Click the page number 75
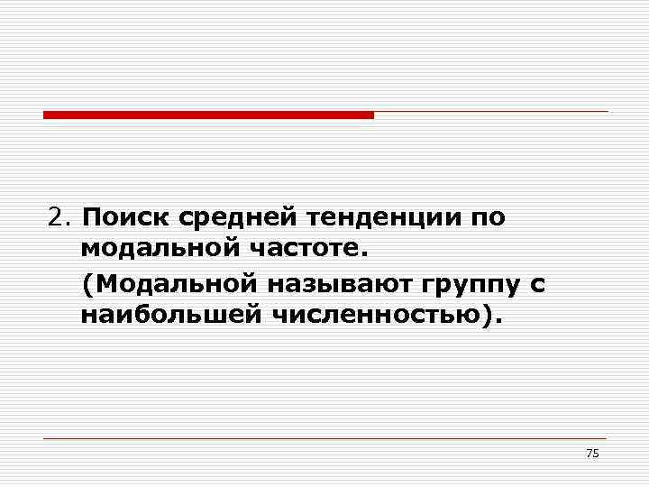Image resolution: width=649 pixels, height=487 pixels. click(592, 453)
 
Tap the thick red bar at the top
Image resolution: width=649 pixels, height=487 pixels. click(208, 115)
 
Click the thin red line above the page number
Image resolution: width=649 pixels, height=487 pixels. click(324, 438)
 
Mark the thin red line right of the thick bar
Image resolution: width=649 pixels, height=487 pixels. click(491, 112)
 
